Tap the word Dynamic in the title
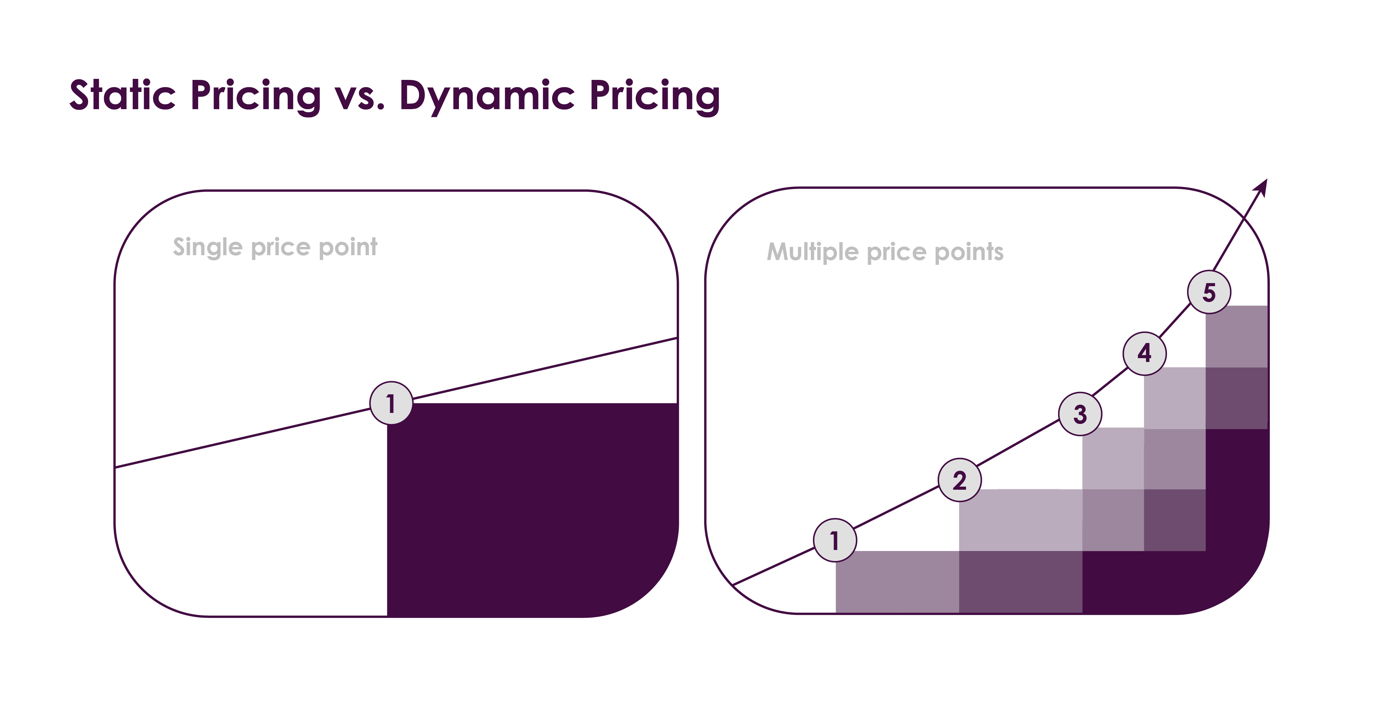487,97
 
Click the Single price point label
275,247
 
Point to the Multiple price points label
885,251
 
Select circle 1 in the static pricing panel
392,403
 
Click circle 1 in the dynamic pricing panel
835,540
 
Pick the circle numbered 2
959,480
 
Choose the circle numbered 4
1145,353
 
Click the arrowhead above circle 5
1262,188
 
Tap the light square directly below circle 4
1175,398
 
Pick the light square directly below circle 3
1113,458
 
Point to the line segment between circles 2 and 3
1020,447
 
